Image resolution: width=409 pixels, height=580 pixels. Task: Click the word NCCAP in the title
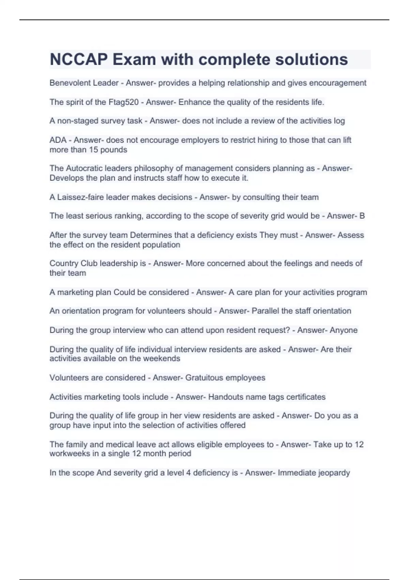[79, 59]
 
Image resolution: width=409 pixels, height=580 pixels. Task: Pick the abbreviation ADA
[58, 140]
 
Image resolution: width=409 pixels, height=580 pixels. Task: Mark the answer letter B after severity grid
[362, 216]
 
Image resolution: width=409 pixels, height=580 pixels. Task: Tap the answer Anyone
[344, 330]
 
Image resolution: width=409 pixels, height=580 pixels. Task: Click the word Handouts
[225, 397]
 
